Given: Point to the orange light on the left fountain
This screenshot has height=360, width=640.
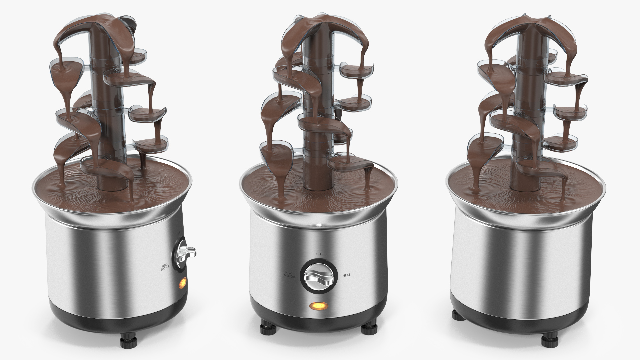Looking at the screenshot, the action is [182, 284].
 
